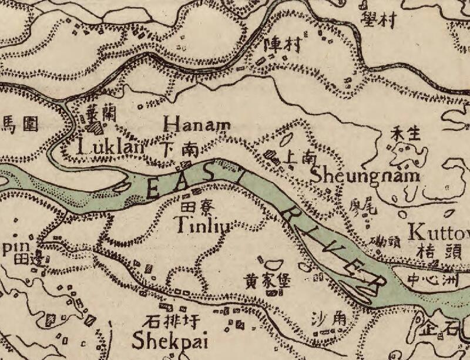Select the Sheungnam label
click(365, 175)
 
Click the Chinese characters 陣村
click(282, 44)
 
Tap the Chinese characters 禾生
click(406, 134)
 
